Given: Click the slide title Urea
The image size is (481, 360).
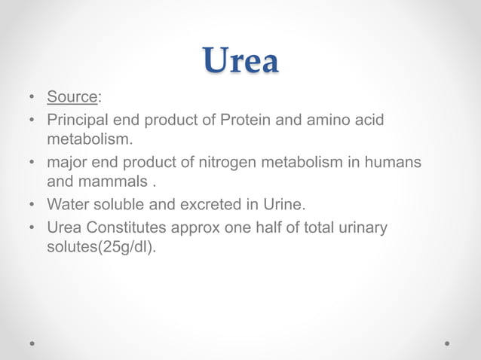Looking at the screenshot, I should [x=240, y=61].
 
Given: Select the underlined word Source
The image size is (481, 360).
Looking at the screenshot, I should [x=72, y=97].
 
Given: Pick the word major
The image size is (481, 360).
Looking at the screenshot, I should [x=66, y=163].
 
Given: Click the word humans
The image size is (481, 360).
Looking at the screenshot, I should [x=391, y=163].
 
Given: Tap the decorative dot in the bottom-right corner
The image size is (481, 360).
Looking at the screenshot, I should [x=447, y=343].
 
